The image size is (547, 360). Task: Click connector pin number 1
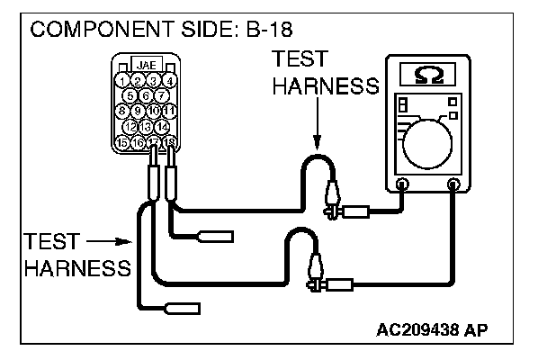point(123,81)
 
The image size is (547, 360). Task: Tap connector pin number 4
point(168,81)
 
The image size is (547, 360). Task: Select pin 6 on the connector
point(146,95)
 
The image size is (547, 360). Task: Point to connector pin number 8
point(123,111)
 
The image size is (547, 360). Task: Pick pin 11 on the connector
point(168,111)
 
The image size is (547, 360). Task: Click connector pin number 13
point(146,126)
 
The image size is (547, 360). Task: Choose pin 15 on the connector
point(123,141)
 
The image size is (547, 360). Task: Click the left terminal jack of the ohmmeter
point(402,185)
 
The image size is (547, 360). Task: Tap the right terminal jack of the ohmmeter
point(453,185)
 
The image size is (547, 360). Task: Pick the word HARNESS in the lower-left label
point(78,268)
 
